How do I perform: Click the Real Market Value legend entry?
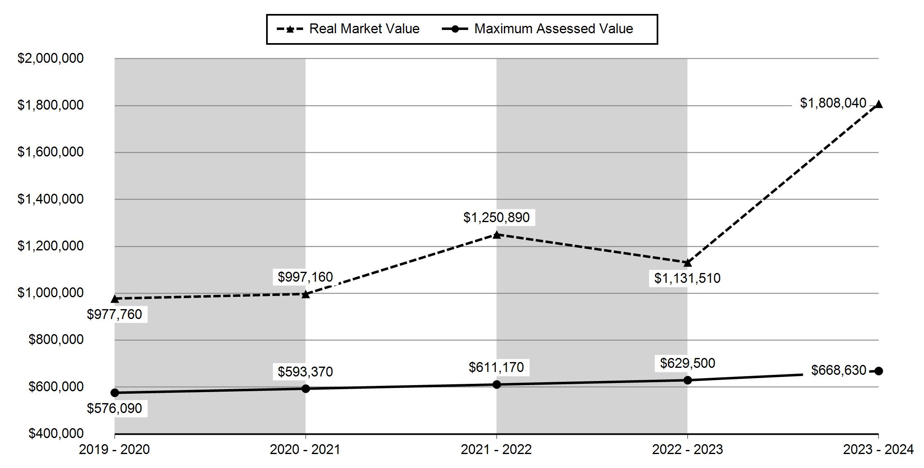pyautogui.click(x=348, y=29)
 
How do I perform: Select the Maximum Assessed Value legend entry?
pyautogui.click(x=537, y=29)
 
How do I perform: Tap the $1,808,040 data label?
pyautogui.click(x=833, y=103)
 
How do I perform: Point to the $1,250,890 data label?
pyautogui.click(x=496, y=217)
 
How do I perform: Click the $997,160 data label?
pyautogui.click(x=305, y=277)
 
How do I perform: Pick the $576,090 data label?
pyautogui.click(x=115, y=408)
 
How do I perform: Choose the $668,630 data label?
pyautogui.click(x=839, y=370)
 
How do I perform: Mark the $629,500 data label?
pyautogui.click(x=687, y=363)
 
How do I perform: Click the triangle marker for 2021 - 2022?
pyautogui.click(x=496, y=234)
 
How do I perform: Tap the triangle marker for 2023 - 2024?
pyautogui.click(x=878, y=104)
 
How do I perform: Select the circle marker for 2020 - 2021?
pyautogui.click(x=306, y=388)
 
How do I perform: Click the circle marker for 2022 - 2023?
pyautogui.click(x=687, y=380)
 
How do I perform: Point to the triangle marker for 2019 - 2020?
pyautogui.click(x=115, y=298)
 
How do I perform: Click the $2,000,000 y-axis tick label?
pyautogui.click(x=51, y=58)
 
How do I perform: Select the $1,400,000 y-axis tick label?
pyautogui.click(x=51, y=199)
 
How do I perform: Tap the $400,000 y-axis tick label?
pyautogui.click(x=56, y=434)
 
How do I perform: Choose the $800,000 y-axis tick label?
pyautogui.click(x=56, y=340)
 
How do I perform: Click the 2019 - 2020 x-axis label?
pyautogui.click(x=115, y=450)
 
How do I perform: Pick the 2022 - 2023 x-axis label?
pyautogui.click(x=687, y=450)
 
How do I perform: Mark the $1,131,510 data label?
pyautogui.click(x=687, y=278)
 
